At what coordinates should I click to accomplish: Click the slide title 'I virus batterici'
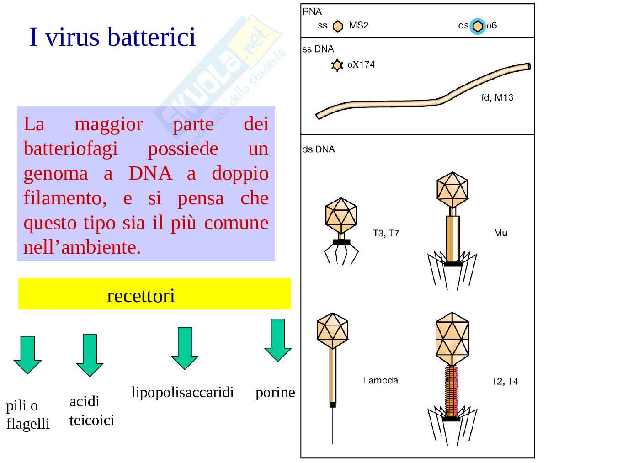112,37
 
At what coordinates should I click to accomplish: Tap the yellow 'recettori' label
141,296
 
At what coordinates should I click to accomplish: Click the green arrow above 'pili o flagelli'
27,354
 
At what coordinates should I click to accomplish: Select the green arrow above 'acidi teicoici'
90,355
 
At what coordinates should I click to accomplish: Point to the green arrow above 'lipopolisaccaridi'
185,347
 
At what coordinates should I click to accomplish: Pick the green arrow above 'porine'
278,340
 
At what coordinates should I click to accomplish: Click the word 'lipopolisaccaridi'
182,392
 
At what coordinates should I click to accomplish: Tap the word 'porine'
275,392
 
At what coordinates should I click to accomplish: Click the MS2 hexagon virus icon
337,27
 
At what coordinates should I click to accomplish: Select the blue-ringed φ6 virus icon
478,27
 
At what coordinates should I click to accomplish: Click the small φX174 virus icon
337,65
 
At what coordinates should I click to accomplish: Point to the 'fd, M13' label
497,98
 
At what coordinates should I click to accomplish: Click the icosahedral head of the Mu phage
452,189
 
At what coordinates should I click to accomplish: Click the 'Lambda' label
380,380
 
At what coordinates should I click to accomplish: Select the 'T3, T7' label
386,234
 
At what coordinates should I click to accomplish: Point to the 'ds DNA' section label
319,149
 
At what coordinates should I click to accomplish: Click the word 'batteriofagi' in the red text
70,149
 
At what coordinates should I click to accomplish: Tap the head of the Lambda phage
333,330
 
